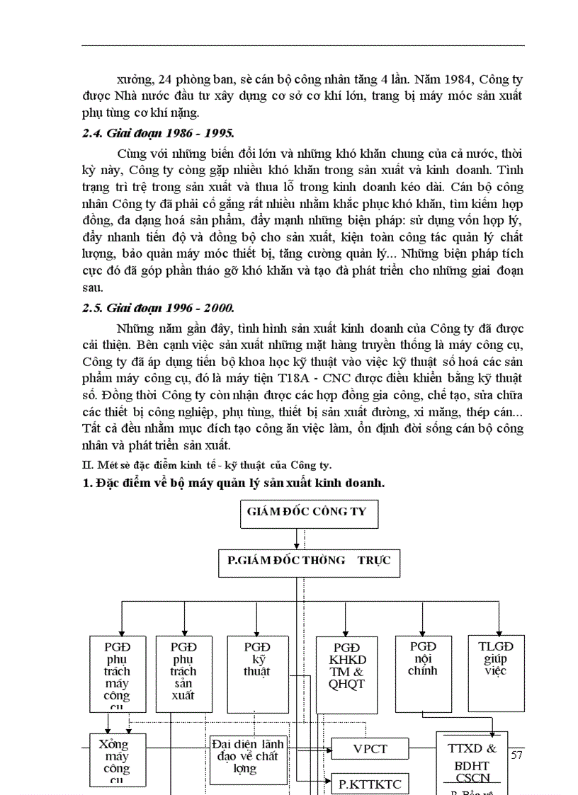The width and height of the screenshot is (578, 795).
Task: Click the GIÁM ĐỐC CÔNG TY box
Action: [307, 511]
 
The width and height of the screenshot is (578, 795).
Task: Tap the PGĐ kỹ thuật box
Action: [257, 673]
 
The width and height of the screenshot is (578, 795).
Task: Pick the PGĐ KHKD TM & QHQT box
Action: [347, 673]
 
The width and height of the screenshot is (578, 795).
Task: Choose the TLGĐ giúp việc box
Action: [496, 673]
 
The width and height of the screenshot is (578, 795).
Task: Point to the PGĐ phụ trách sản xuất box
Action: [183, 673]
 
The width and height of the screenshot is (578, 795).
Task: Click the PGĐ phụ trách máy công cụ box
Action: [117, 673]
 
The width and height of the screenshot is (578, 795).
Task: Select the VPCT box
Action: [370, 748]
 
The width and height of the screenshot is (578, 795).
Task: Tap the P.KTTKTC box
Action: [370, 783]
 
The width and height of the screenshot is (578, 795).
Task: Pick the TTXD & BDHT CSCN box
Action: [472, 761]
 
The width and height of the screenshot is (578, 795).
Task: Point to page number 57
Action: [516, 755]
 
